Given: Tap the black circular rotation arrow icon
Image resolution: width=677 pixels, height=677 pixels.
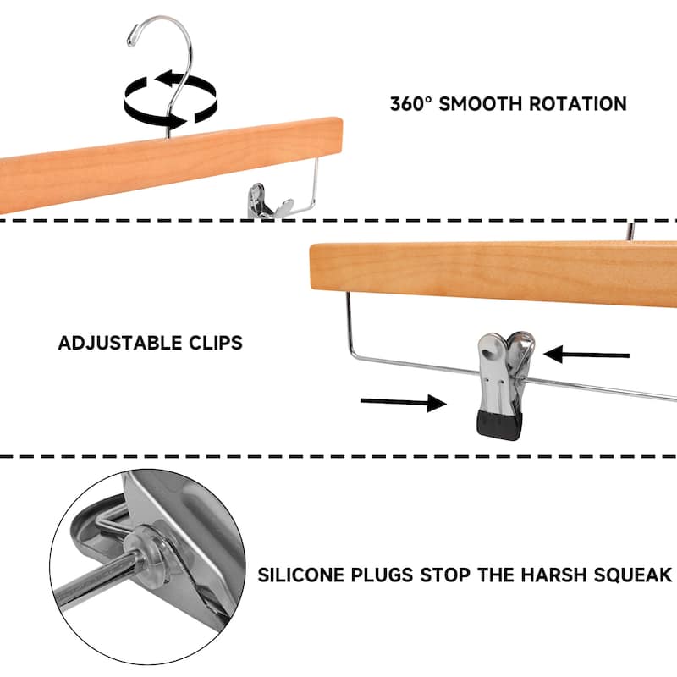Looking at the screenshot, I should tap(168, 95).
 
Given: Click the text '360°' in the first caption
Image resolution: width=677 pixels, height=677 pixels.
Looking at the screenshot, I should tap(413, 104).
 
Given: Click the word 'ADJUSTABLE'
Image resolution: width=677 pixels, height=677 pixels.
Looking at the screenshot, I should tap(120, 343).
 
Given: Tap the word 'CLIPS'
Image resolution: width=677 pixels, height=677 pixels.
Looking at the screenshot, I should tap(216, 343).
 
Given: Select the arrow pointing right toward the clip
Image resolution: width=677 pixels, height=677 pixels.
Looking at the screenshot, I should tap(402, 402).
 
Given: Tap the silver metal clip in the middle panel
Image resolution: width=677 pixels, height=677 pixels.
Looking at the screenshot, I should tap(504, 372).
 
